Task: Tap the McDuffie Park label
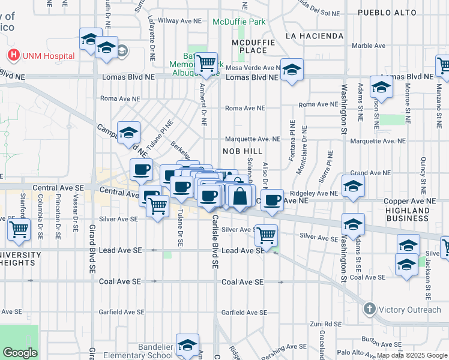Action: [238, 22]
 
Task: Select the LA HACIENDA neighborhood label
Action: [315, 36]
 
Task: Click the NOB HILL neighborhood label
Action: [243, 151]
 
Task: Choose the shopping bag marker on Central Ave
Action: [240, 196]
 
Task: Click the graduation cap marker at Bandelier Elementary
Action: [188, 345]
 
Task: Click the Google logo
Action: [20, 352]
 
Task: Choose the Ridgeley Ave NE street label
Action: [313, 193]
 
